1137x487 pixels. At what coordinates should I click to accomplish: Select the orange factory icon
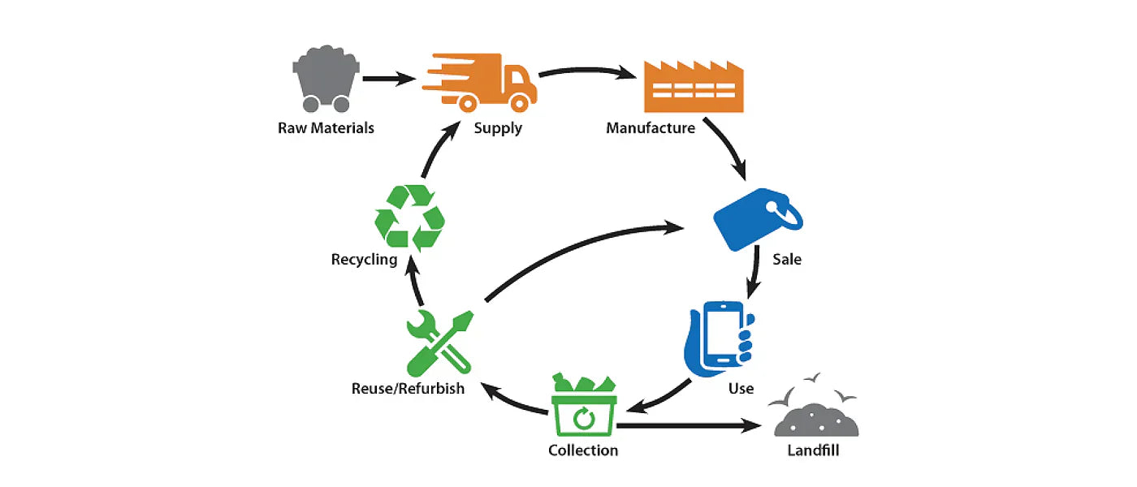point(693,87)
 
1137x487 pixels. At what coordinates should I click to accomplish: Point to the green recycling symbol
point(409,218)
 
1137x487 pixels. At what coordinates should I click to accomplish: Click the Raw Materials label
point(326,128)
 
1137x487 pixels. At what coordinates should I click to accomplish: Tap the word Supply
point(498,128)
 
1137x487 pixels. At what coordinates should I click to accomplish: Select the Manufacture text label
point(651,128)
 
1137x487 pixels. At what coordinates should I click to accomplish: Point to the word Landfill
point(813,450)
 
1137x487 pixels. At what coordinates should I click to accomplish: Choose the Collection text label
point(583,450)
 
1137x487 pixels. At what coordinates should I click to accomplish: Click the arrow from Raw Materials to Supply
point(390,79)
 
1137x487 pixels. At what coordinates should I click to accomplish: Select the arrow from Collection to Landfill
point(690,425)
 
